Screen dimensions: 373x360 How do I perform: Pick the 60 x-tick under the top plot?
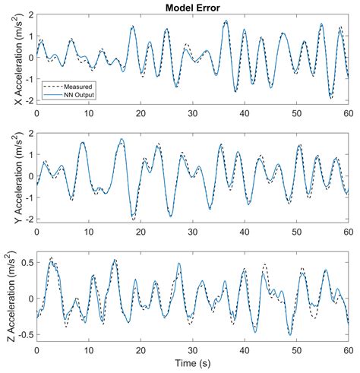pos(348,112)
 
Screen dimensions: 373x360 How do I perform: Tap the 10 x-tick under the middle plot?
pos(88,232)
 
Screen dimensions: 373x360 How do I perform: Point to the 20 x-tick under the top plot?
pos(141,112)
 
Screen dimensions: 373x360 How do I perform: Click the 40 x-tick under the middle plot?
pos(245,232)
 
